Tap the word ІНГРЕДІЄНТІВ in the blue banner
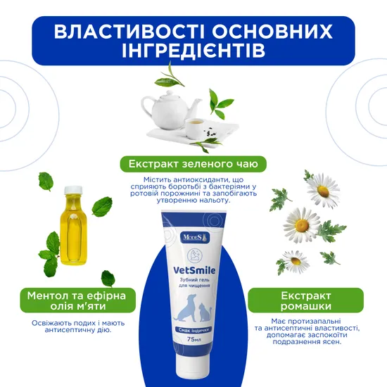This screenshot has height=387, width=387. pos(193,50)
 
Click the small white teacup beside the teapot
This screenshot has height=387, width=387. pos(195,129)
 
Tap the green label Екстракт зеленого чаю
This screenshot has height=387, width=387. pos(193,164)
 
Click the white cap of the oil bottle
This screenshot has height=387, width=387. pos(73,189)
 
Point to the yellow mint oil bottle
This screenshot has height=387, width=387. pos(74,225)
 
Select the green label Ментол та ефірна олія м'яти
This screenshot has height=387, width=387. pos(77,300)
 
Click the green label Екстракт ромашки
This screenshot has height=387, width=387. pos(306,300)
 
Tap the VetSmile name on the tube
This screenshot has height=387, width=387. pos(194,270)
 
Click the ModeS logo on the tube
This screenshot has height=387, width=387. pos(196,238)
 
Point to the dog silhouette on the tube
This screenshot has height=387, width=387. pos(185,307)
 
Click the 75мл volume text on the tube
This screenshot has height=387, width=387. pos(194,339)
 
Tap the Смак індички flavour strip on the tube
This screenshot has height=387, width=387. pos(194,330)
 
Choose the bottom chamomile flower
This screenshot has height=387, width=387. pos(296,262)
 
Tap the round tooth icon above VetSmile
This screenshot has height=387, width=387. pos(195,255)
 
